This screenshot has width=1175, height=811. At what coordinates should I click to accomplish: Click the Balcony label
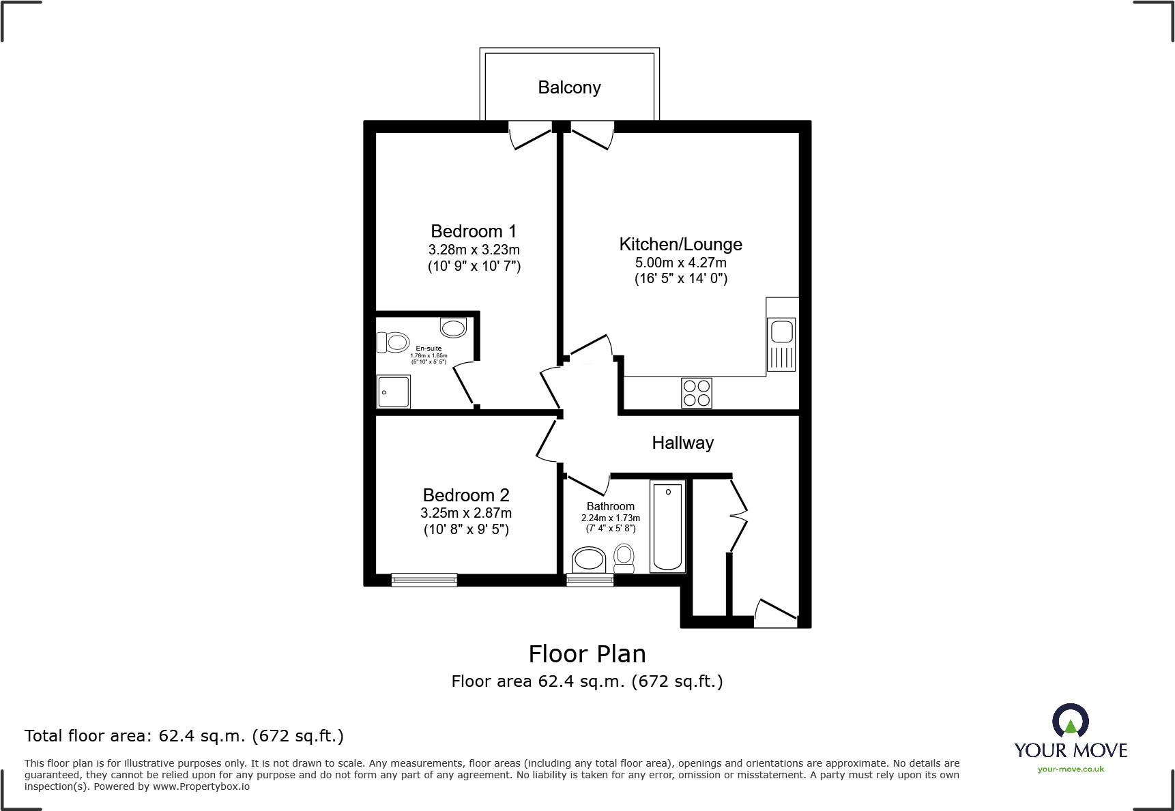pyautogui.click(x=569, y=87)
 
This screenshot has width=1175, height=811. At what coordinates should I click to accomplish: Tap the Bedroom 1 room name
pyautogui.click(x=474, y=231)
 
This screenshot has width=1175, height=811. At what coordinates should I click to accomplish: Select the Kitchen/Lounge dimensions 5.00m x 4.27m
pyautogui.click(x=680, y=263)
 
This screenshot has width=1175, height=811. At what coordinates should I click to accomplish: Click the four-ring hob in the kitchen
pyautogui.click(x=697, y=393)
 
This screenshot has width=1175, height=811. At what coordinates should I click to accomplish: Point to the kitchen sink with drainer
pyautogui.click(x=781, y=344)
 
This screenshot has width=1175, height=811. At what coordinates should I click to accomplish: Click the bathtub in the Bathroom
pyautogui.click(x=667, y=526)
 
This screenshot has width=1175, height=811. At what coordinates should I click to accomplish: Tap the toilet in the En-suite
pyautogui.click(x=393, y=342)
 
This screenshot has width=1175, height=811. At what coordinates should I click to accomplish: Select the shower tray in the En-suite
pyautogui.click(x=394, y=392)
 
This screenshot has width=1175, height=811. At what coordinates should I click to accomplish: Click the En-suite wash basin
pyautogui.click(x=453, y=327)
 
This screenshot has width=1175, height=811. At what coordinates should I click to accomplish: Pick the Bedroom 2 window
pyautogui.click(x=424, y=580)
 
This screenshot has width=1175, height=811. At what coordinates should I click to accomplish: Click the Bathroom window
pyautogui.click(x=590, y=580)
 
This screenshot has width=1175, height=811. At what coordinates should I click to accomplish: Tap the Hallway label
pyautogui.click(x=682, y=443)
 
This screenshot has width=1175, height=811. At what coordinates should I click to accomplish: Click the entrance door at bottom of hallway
pyautogui.click(x=776, y=613)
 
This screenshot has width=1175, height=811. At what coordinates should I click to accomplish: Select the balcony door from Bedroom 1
pyautogui.click(x=530, y=136)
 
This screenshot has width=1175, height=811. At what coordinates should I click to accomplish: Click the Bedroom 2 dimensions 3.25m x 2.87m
pyautogui.click(x=466, y=513)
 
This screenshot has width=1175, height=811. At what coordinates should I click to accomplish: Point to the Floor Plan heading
pyautogui.click(x=587, y=653)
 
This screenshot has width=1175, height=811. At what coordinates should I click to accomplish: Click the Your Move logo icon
pyautogui.click(x=1070, y=720)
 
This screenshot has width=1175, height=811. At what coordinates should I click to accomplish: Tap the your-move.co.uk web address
pyautogui.click(x=1071, y=769)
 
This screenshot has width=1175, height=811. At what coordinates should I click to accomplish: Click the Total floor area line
pyautogui.click(x=184, y=736)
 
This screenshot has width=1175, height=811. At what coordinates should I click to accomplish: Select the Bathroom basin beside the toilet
pyautogui.click(x=589, y=560)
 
